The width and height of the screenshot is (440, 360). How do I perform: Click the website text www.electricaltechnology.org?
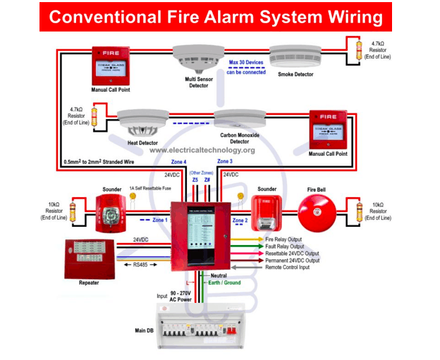click(202, 150)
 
